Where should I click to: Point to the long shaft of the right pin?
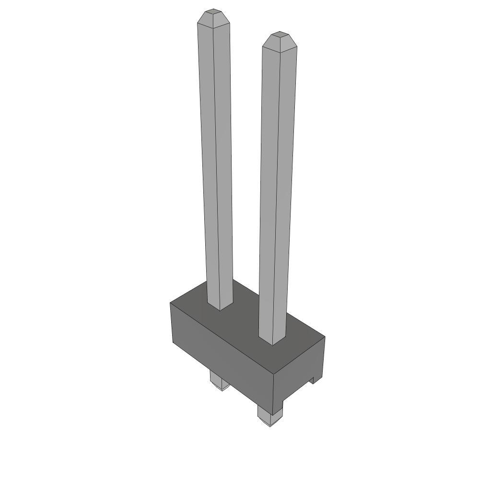[277, 192]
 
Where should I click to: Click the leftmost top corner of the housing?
[171, 303]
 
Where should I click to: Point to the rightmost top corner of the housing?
[325, 337]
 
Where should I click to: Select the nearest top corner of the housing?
[273, 374]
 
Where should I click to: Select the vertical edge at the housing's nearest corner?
[273, 393]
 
